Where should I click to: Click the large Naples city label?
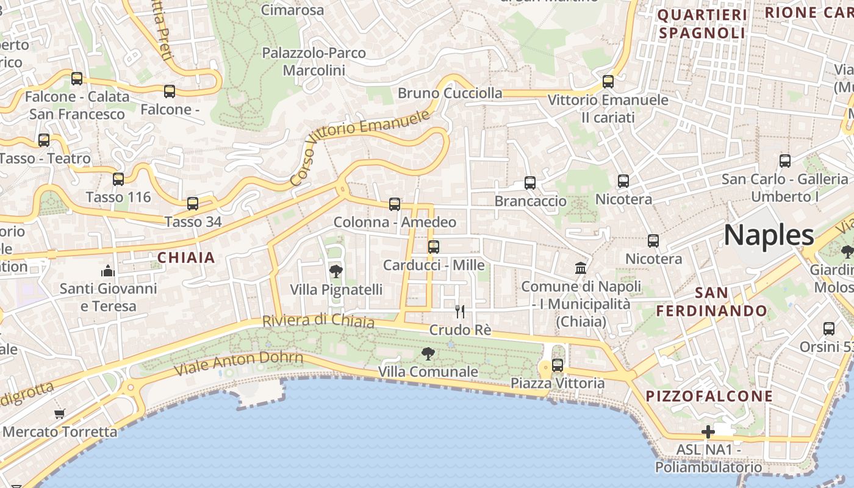(x=769, y=235)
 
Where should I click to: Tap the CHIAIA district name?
(x=187, y=257)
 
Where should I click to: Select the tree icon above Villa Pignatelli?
(x=335, y=271)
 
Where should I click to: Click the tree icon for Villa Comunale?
(x=428, y=353)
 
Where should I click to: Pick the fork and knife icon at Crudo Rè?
(x=460, y=312)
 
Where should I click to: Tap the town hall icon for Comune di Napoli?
(x=581, y=268)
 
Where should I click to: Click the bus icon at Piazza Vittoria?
(x=558, y=365)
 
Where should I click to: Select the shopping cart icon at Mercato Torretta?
(x=59, y=414)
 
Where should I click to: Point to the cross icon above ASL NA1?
(x=708, y=432)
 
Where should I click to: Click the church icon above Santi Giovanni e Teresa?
(x=108, y=270)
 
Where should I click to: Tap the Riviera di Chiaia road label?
(x=318, y=320)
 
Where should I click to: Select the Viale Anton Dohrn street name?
(x=239, y=364)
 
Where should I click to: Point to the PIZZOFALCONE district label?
(x=709, y=396)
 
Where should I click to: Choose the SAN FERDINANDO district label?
(x=711, y=302)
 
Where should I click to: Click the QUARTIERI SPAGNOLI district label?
(x=702, y=24)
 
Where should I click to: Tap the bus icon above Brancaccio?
(x=530, y=183)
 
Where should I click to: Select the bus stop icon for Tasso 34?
(x=193, y=204)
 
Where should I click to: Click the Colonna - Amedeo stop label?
(x=395, y=222)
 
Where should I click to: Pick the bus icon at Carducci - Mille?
(x=434, y=247)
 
